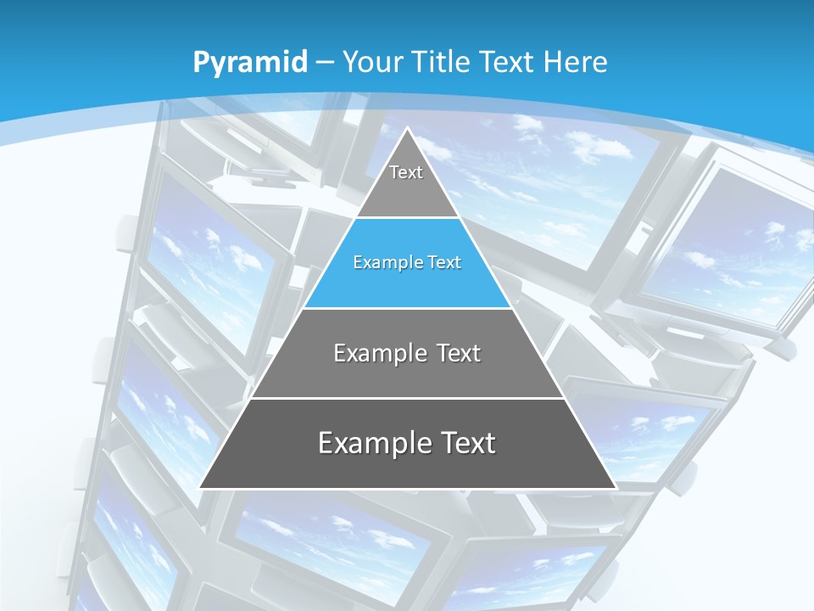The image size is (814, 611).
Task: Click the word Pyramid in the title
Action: point(249,62)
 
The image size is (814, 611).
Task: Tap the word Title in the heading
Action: point(440,62)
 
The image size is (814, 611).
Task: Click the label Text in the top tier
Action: point(406,172)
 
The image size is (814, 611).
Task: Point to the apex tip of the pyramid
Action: point(408,129)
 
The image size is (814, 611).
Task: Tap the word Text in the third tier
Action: point(459,353)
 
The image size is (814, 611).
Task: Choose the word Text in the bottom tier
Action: point(467,443)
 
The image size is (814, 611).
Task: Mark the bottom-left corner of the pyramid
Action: point(200,488)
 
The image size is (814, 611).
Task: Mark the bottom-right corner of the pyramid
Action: point(615,488)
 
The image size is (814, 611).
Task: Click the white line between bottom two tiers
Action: point(407,398)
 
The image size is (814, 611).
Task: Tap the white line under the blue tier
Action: point(407,308)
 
